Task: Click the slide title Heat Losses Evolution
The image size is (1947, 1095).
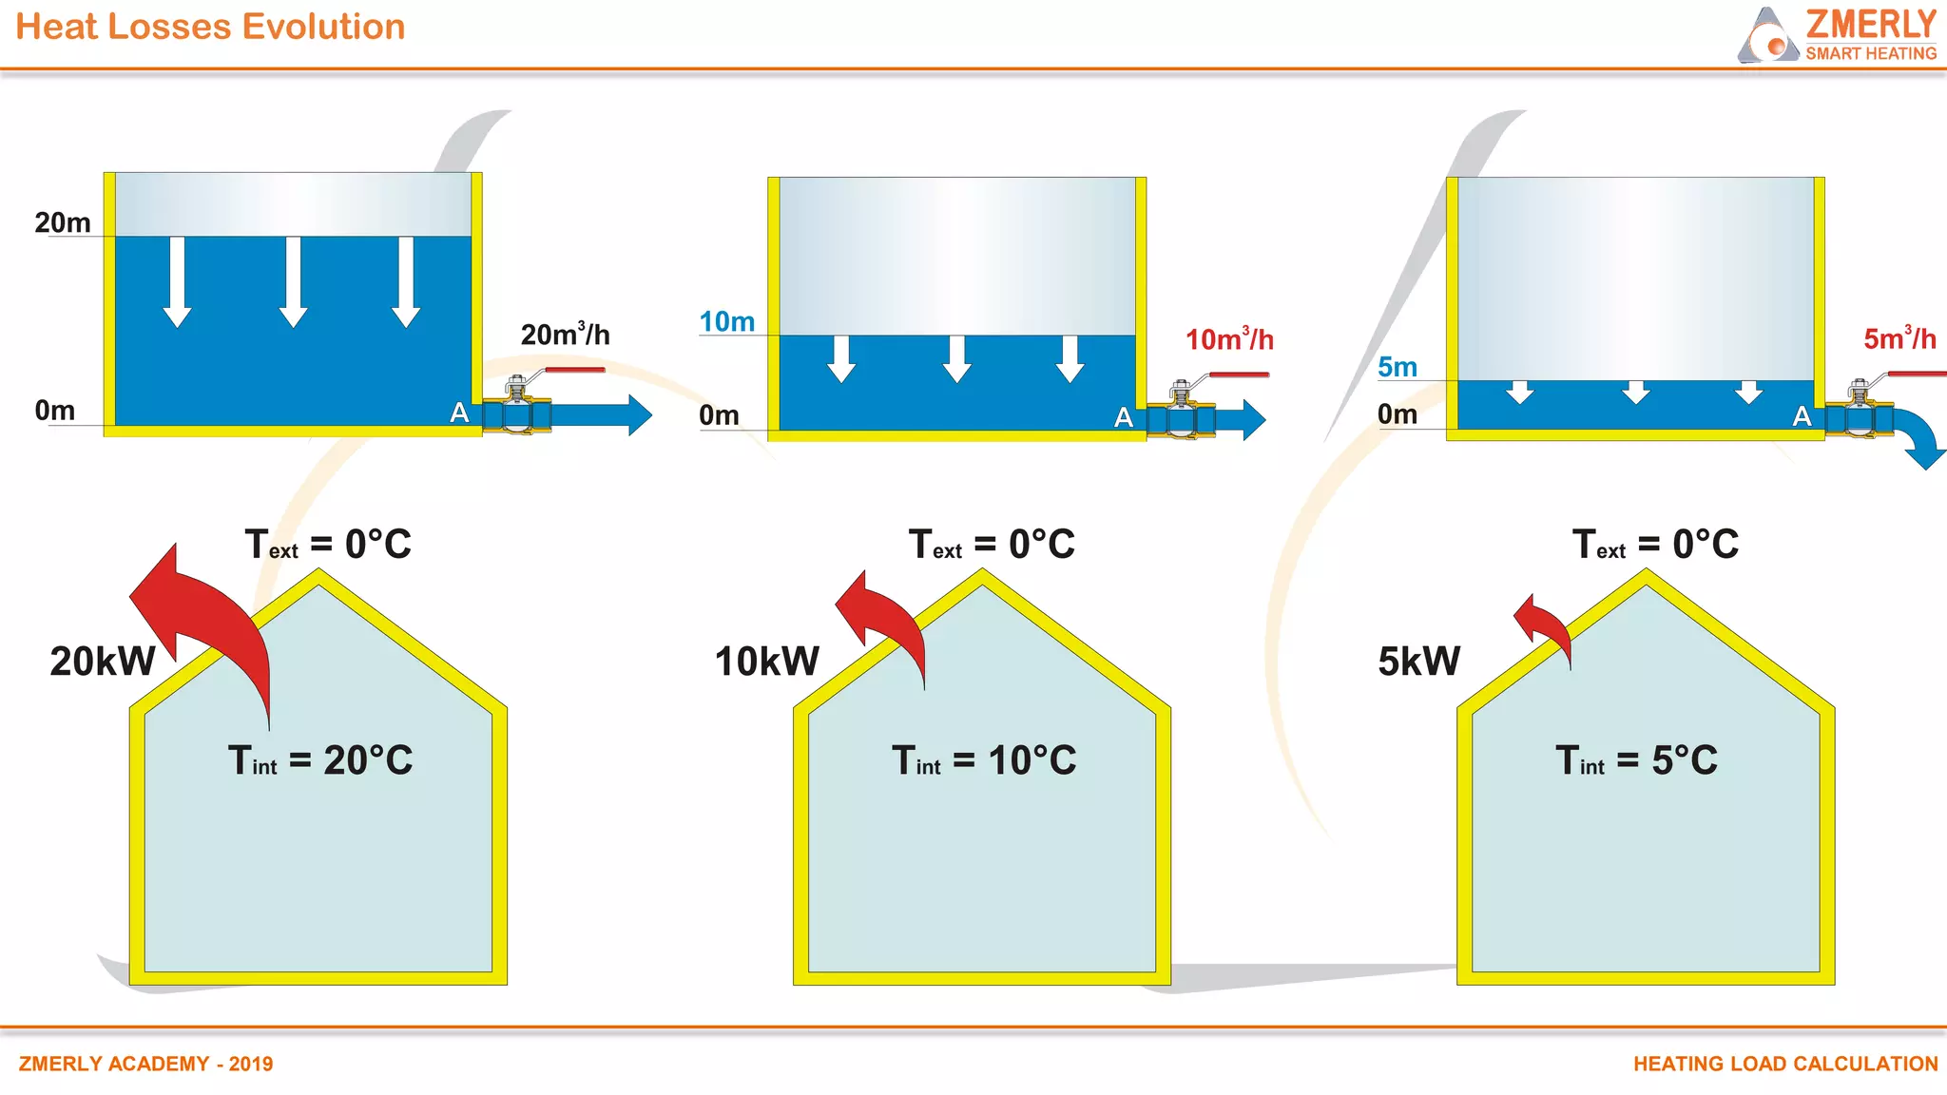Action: click(x=210, y=27)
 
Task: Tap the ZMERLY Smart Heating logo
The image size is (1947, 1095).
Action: click(x=1837, y=35)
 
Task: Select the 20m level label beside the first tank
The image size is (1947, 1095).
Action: click(x=63, y=222)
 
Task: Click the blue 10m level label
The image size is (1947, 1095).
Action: click(x=726, y=322)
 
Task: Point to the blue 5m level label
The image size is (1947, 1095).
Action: click(x=1397, y=367)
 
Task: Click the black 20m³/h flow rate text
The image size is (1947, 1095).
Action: click(x=565, y=335)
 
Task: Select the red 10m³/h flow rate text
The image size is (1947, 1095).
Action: click(x=1228, y=339)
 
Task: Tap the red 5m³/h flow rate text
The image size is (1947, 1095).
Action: click(x=1899, y=338)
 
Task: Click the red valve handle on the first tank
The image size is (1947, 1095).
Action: click(x=575, y=370)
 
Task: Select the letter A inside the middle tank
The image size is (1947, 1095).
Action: click(x=1124, y=417)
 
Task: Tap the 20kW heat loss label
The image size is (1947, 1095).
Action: click(x=103, y=662)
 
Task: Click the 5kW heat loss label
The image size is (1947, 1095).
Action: click(x=1418, y=662)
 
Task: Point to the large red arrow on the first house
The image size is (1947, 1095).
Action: click(x=209, y=618)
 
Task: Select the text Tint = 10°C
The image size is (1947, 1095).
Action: click(x=983, y=760)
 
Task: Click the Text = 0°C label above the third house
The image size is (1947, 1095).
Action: click(x=1655, y=545)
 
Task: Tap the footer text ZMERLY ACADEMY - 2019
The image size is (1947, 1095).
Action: click(x=145, y=1064)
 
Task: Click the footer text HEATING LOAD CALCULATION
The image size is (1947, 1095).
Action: click(x=1784, y=1064)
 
